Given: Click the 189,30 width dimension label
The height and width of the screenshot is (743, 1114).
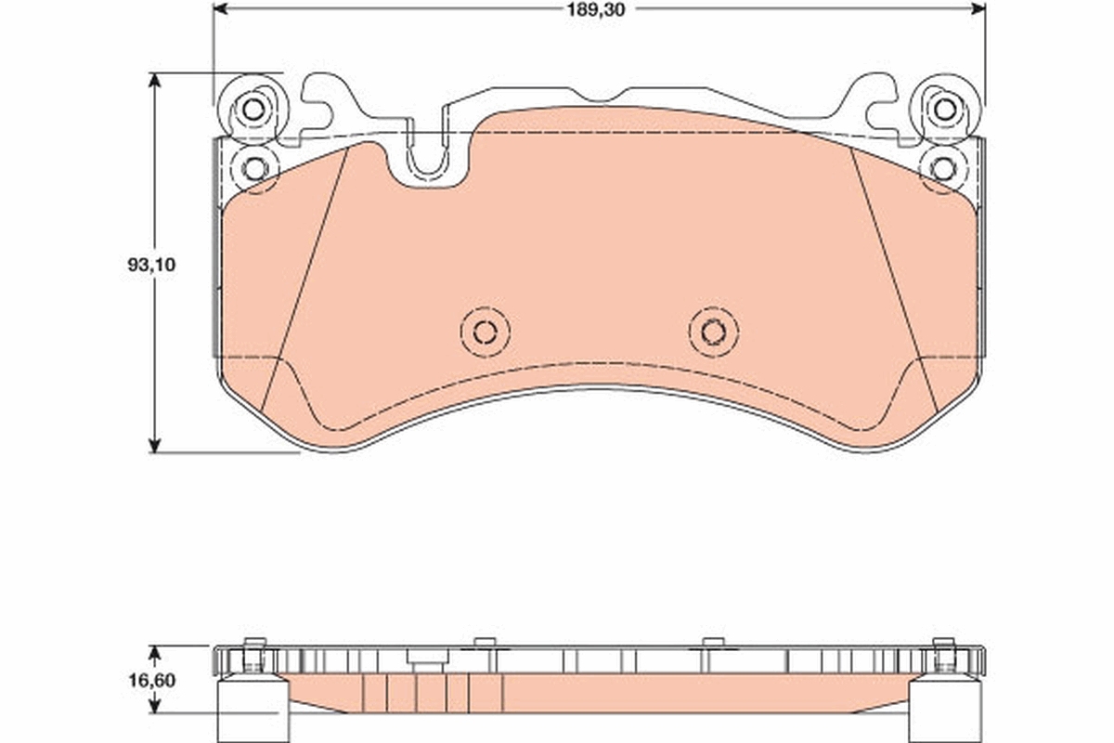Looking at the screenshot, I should [x=599, y=9].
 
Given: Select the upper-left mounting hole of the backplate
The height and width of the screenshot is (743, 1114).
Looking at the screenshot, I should [x=252, y=109].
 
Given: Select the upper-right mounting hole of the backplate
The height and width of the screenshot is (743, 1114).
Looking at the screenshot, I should [x=944, y=109].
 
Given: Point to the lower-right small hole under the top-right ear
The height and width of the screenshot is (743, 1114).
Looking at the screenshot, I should [x=943, y=168].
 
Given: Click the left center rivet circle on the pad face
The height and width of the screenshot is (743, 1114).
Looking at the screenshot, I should [x=485, y=331].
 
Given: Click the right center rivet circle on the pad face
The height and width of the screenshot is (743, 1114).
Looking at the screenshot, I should [x=713, y=331].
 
